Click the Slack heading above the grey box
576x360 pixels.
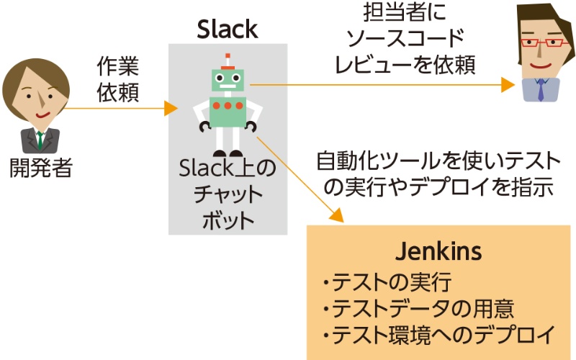[227, 30]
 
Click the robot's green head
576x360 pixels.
[228, 80]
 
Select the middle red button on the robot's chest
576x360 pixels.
[228, 106]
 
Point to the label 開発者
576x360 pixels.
[40, 168]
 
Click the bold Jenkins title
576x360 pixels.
[438, 253]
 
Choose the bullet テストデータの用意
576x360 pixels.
[418, 308]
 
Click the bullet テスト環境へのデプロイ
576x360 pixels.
[439, 335]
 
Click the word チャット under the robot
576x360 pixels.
[227, 195]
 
